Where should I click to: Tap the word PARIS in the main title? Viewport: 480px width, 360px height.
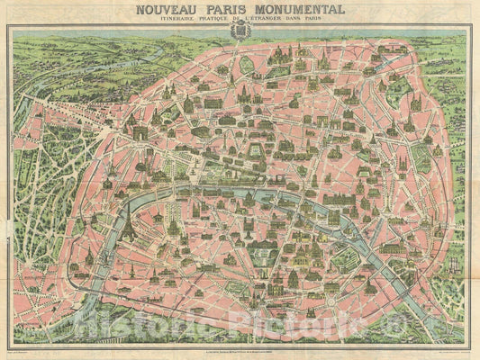click(223, 10)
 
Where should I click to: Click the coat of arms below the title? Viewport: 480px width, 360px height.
click(240, 31)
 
